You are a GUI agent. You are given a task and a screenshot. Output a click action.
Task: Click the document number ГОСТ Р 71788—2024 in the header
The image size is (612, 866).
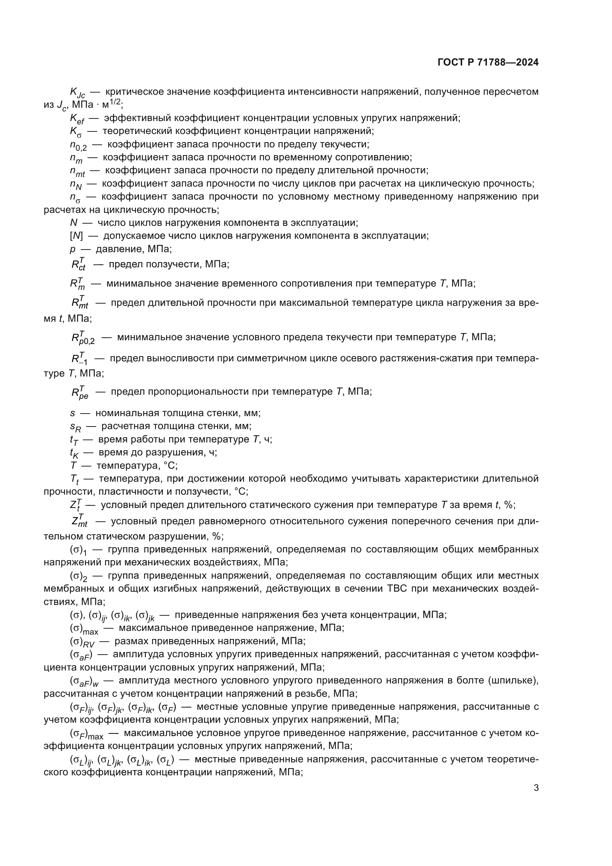pos(488,63)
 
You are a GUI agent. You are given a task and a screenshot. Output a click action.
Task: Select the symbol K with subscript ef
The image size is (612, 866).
pos(77,119)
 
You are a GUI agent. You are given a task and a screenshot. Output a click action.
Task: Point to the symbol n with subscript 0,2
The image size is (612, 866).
pos(78,145)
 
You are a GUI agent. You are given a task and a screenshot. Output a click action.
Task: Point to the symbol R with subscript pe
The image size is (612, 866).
pos(80,392)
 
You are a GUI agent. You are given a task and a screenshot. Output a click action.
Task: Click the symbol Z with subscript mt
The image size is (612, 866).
pos(79,522)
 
